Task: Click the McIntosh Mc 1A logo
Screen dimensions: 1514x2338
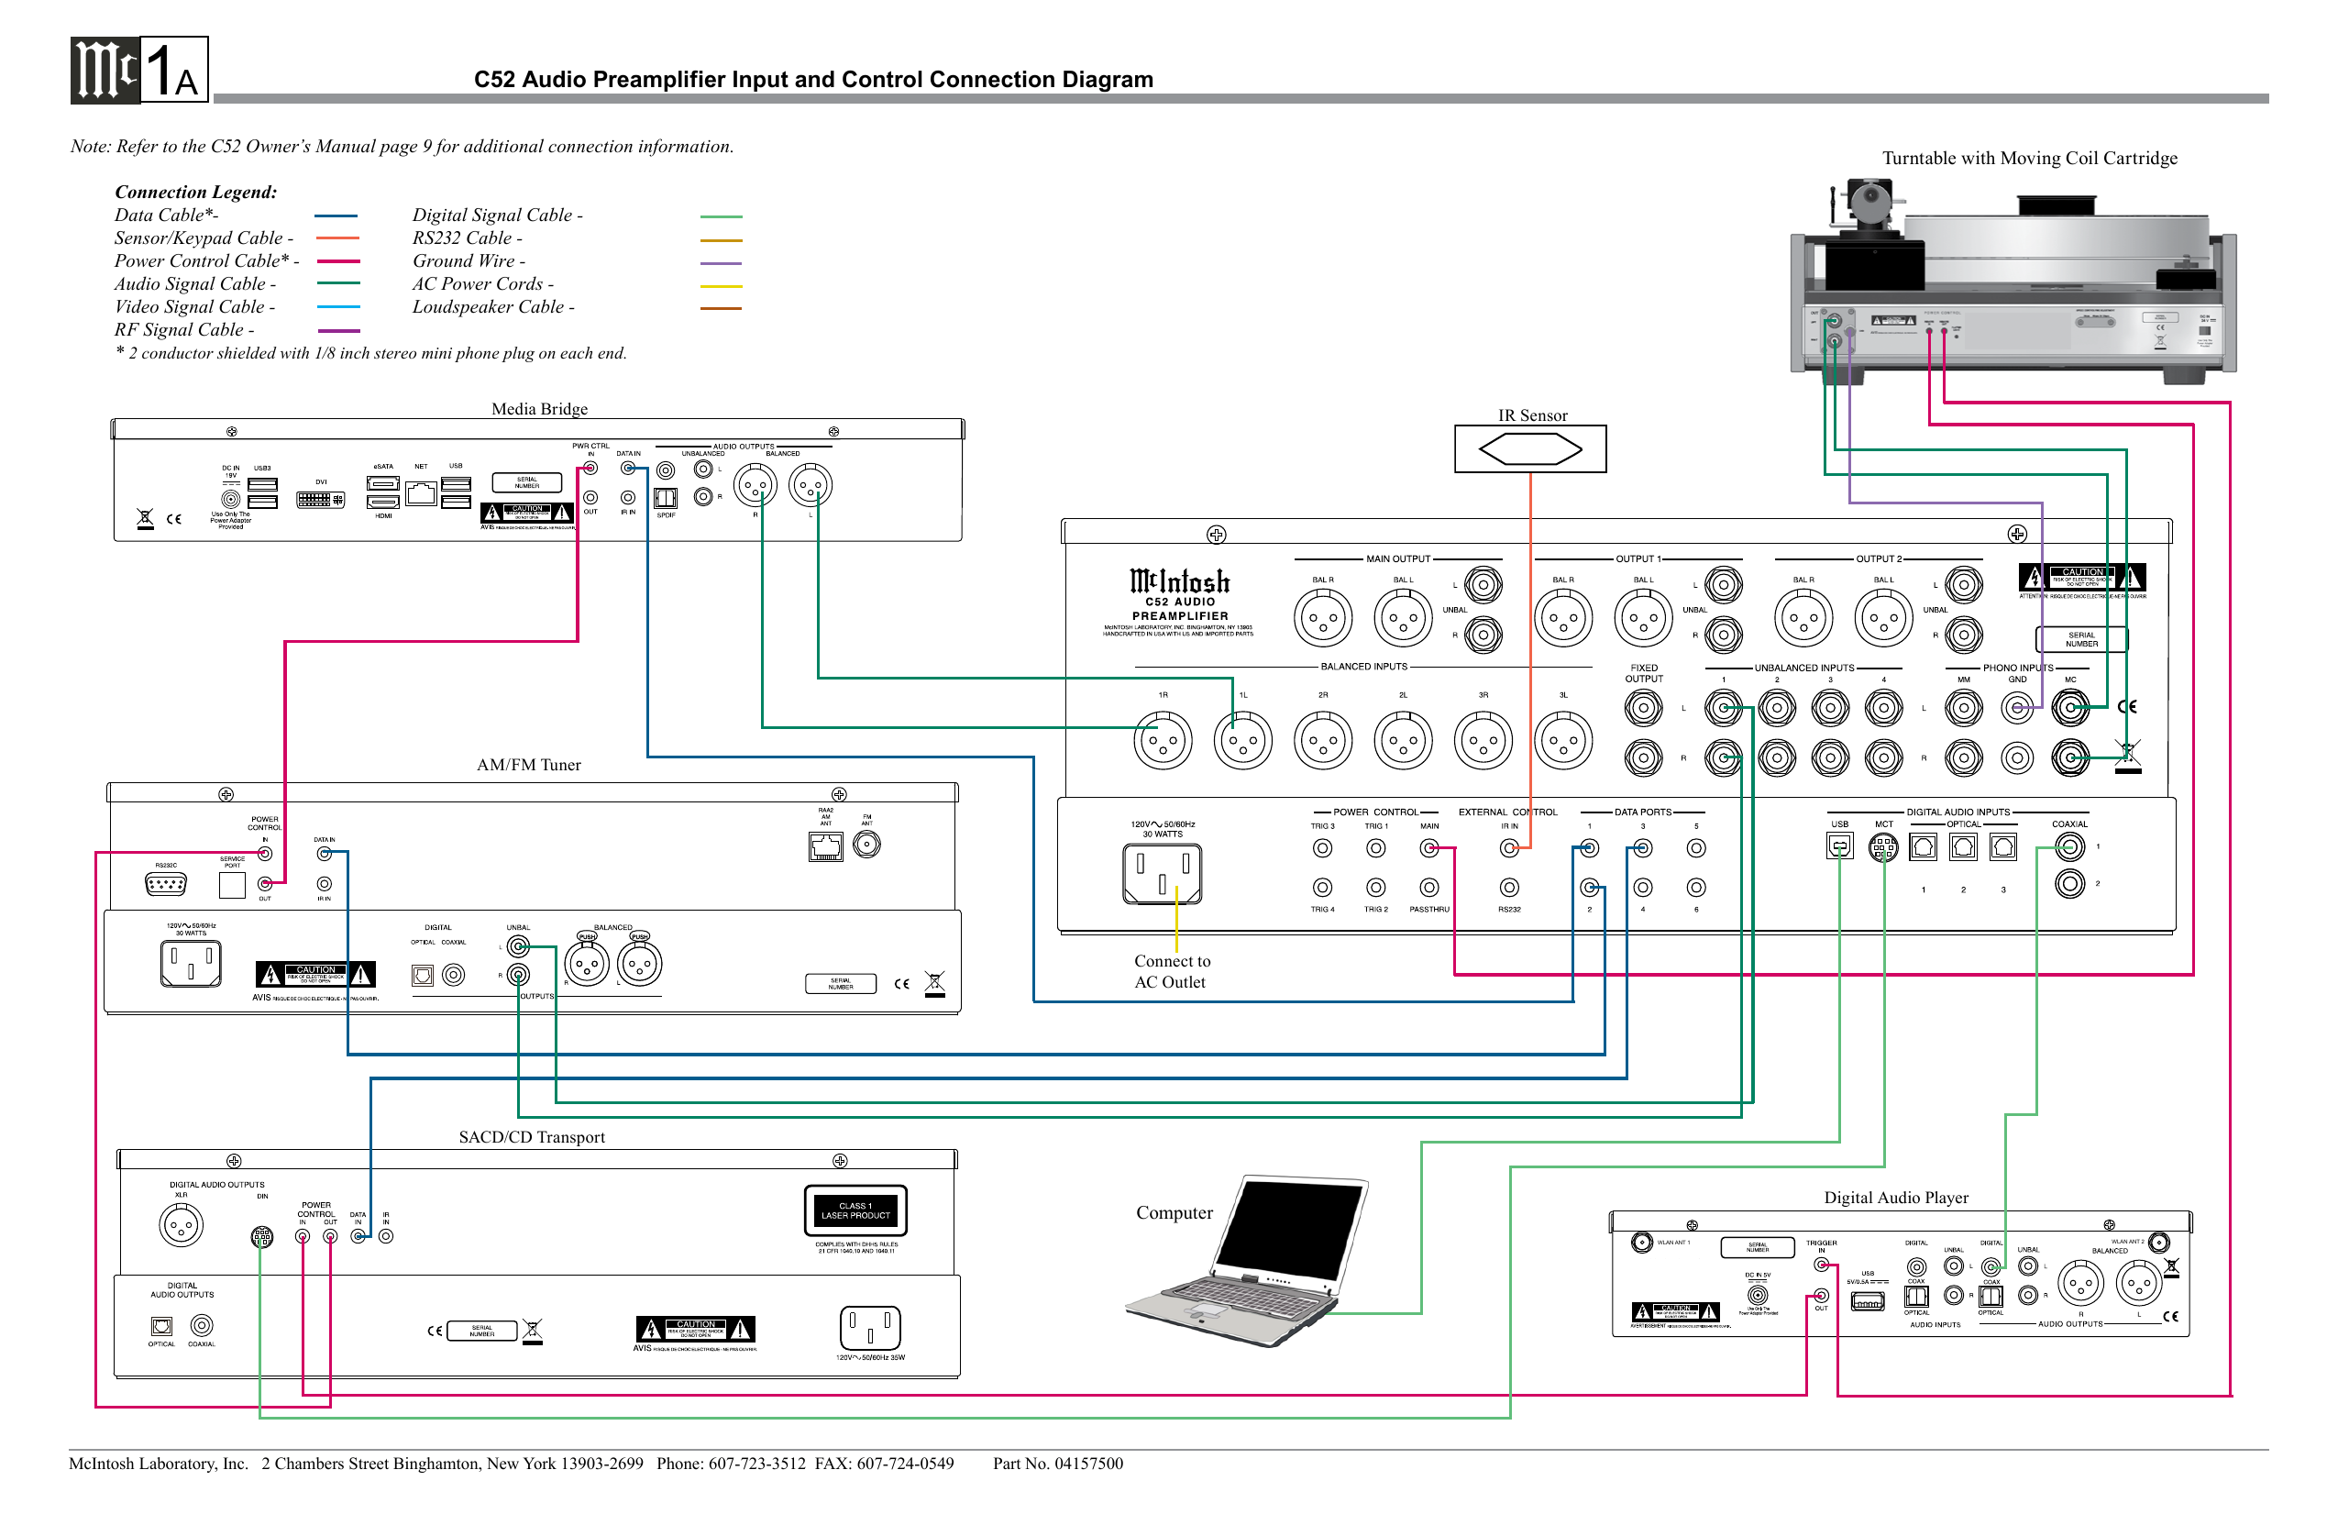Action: point(138,70)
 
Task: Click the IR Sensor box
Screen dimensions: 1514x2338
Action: point(1529,449)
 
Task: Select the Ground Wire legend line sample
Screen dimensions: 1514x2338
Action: point(721,263)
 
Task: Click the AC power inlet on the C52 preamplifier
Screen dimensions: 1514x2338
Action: point(1163,873)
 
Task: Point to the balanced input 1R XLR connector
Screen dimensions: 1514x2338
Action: point(1163,741)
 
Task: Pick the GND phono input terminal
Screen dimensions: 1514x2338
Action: point(2017,707)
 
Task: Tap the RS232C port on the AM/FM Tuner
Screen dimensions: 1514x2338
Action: point(165,884)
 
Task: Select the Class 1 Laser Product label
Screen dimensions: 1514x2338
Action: point(855,1210)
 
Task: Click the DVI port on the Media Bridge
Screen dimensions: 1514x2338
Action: point(320,499)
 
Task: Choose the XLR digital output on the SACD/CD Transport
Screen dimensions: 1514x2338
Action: point(181,1224)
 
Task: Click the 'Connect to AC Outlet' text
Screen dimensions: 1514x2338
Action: point(1171,971)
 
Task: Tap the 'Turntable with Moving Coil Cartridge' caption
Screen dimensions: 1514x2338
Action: point(2028,158)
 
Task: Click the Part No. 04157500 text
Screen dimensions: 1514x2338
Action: point(1057,1463)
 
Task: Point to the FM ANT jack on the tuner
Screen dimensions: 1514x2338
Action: point(866,844)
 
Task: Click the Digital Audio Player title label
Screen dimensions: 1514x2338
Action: point(1895,1197)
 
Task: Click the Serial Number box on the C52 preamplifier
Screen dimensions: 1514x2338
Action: point(2080,639)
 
